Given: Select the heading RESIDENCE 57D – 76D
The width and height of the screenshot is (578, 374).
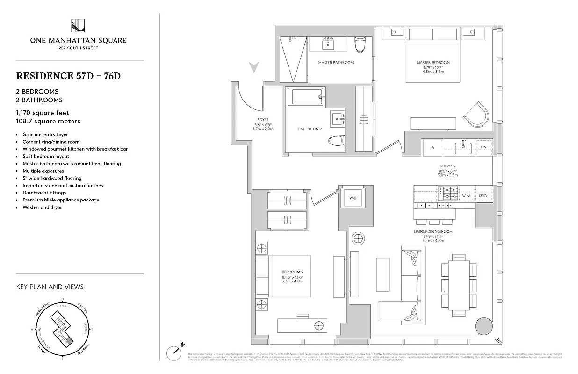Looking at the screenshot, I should click(x=68, y=76).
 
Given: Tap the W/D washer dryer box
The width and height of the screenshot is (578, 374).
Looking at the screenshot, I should click(x=353, y=197).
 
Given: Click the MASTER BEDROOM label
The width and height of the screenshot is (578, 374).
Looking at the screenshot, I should click(x=433, y=63).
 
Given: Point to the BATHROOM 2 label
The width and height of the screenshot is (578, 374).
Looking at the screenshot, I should click(x=310, y=129).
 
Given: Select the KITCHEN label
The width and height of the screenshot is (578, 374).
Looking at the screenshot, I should click(x=447, y=166).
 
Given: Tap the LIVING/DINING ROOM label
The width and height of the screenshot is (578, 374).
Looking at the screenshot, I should click(x=433, y=232).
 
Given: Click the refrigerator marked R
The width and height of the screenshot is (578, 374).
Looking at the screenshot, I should click(x=433, y=147).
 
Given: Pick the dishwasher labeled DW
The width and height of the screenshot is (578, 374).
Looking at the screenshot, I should click(x=483, y=147).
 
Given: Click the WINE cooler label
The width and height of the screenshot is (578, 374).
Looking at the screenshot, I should click(x=466, y=196).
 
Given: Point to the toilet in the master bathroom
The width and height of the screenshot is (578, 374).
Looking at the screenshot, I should click(x=360, y=45).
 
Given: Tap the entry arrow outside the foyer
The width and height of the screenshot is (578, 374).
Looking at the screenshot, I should click(x=254, y=68).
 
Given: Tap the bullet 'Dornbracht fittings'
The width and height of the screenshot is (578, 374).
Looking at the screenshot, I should click(x=44, y=193).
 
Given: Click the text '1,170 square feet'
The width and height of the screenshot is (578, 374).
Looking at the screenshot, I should click(x=43, y=113).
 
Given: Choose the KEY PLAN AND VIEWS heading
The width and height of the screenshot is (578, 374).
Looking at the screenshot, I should click(x=50, y=287).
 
